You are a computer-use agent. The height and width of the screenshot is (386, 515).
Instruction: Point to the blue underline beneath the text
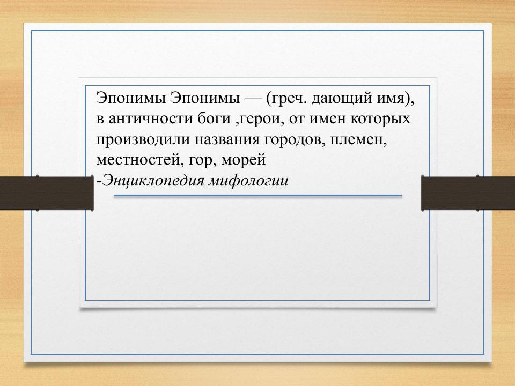[x=257, y=196]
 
